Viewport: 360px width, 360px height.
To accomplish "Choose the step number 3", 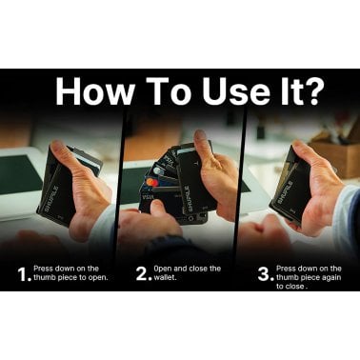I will point(262,274).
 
